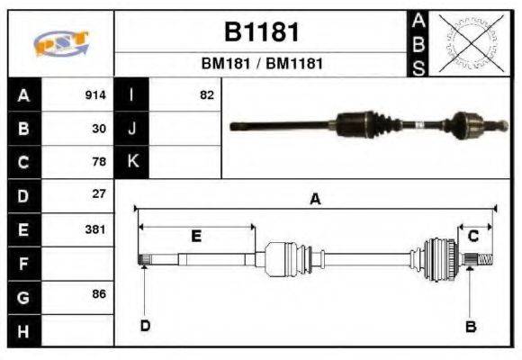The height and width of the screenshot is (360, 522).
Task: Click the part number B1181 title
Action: [x=261, y=32]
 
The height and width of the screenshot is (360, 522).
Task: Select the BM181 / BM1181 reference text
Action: [x=261, y=64]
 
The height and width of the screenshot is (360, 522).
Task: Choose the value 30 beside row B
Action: [x=100, y=129]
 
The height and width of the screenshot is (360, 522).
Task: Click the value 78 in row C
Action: [x=100, y=162]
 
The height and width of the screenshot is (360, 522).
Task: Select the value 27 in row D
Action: [x=100, y=193]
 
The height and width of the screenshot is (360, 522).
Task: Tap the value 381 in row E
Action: [x=95, y=229]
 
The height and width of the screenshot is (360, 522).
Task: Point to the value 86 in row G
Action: [x=100, y=294]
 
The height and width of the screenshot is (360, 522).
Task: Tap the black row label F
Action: [x=24, y=263]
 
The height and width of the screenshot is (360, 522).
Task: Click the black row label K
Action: [x=132, y=162]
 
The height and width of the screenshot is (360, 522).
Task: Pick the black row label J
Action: [x=132, y=129]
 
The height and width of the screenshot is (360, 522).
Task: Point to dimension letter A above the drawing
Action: [x=315, y=200]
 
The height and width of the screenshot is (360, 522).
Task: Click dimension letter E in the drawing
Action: [x=196, y=236]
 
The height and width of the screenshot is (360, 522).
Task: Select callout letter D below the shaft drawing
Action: [x=144, y=326]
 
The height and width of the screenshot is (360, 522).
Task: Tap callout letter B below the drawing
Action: [x=470, y=327]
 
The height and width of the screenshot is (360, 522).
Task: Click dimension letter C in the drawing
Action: [x=473, y=236]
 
